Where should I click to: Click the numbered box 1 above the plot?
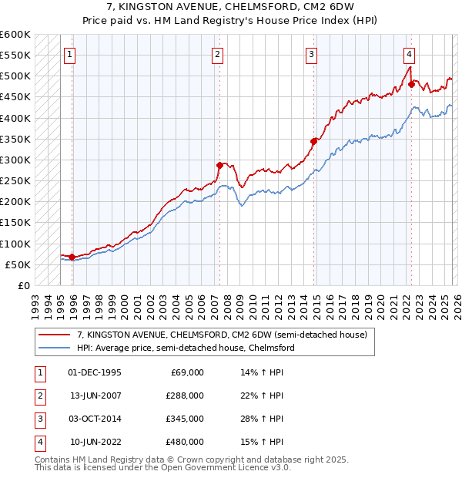pos(70,54)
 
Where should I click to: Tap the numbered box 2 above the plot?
pos(218,54)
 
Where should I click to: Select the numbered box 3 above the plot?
pos(311,54)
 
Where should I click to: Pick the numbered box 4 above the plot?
pos(409,54)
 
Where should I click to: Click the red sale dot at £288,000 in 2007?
pos(219,165)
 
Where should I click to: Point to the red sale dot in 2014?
pos(313,141)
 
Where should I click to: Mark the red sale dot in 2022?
pos(411,85)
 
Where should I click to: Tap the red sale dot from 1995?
pos(72,257)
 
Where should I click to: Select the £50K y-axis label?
pos(18,264)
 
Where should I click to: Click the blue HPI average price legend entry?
pos(185,348)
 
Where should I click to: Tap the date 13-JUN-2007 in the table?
pos(95,396)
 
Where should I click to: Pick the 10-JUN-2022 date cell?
pos(95,443)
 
